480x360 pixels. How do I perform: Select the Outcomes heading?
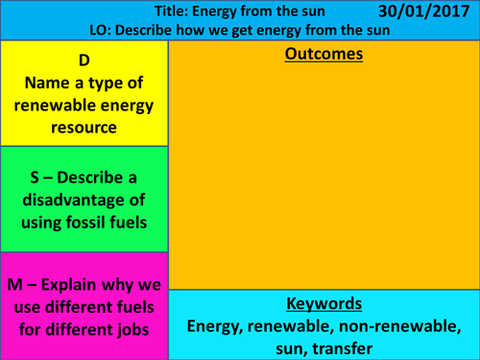(324, 55)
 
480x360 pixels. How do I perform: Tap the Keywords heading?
(324, 305)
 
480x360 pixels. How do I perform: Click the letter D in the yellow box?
(84, 58)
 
